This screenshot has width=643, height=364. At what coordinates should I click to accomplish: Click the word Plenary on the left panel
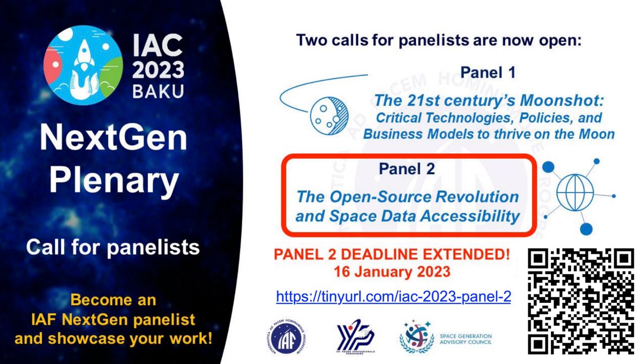[x=113, y=181]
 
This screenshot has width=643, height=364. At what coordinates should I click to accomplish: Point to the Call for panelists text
[x=113, y=247]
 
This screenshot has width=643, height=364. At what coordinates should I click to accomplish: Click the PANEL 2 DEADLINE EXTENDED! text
[x=391, y=254]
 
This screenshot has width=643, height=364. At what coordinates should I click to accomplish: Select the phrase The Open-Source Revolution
[x=407, y=197]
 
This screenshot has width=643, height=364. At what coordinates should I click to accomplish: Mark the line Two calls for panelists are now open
[x=438, y=40]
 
